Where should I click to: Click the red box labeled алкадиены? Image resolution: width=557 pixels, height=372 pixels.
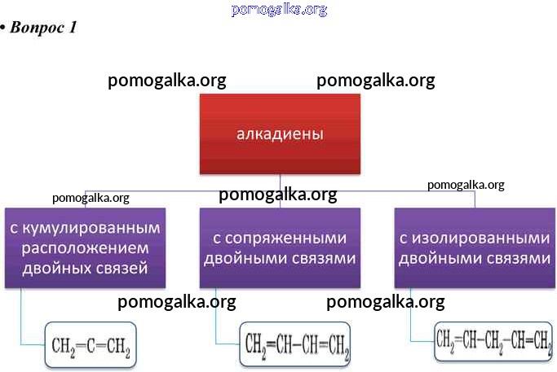[280, 133]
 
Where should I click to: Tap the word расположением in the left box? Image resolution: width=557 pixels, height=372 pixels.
[85, 247]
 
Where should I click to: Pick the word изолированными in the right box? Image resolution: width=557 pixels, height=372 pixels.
[475, 239]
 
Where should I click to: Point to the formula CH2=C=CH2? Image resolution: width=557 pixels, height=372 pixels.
[90, 346]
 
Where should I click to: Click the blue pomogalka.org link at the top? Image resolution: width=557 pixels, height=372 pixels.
[279, 9]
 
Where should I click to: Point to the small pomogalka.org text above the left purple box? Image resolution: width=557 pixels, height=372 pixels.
[91, 197]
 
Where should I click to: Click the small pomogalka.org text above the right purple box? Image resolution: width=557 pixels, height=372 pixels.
[466, 185]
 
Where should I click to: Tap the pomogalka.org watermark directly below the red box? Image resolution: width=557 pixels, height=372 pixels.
[278, 195]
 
